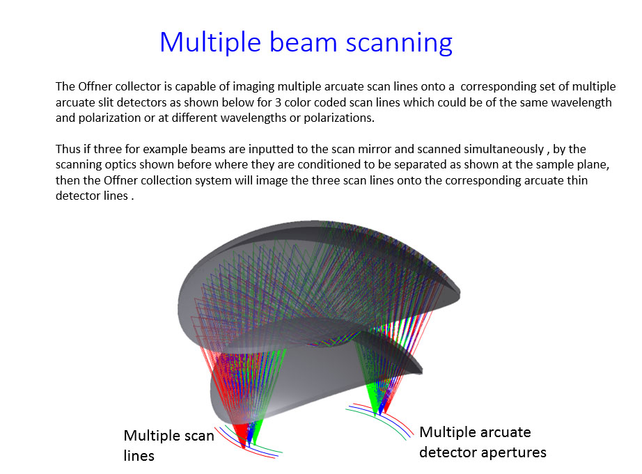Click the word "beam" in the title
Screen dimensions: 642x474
point(304,42)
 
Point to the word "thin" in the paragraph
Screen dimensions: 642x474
point(577,180)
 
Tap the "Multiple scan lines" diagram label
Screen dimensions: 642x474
point(169,445)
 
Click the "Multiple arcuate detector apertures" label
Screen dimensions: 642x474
point(483,443)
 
